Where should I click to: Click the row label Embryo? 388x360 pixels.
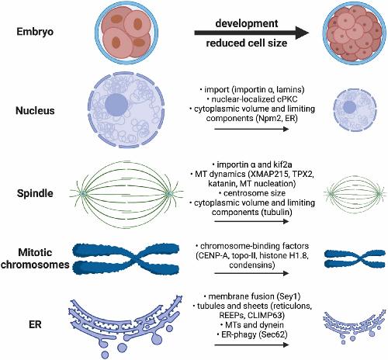(x=35, y=32)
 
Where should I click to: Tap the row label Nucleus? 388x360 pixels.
(x=35, y=111)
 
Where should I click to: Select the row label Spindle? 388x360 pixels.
(x=35, y=193)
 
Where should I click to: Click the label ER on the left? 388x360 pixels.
(x=35, y=324)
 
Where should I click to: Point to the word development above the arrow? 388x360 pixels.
(x=247, y=23)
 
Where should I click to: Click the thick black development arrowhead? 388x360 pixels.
(x=302, y=33)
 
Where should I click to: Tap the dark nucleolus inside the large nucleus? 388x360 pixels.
(x=116, y=105)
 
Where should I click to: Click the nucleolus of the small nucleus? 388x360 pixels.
(x=349, y=107)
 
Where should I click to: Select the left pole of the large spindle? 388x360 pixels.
(x=83, y=193)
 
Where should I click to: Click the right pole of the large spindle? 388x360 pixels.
(x=169, y=193)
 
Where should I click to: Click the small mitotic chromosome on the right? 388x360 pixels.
(x=355, y=258)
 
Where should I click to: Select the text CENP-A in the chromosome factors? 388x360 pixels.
(x=213, y=256)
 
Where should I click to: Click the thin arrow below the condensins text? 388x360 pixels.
(x=251, y=273)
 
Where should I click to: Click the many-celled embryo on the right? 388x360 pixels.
(x=353, y=33)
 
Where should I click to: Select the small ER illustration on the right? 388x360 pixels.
(x=354, y=325)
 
